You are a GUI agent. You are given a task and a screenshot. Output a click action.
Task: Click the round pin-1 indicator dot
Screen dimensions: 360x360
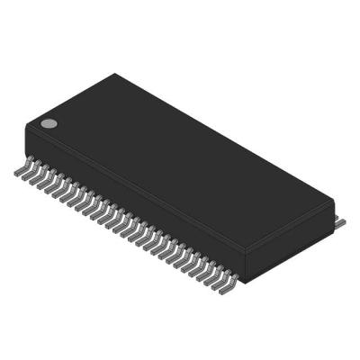tap(49, 122)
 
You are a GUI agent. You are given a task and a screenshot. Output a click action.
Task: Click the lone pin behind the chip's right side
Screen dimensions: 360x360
tap(340, 220)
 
